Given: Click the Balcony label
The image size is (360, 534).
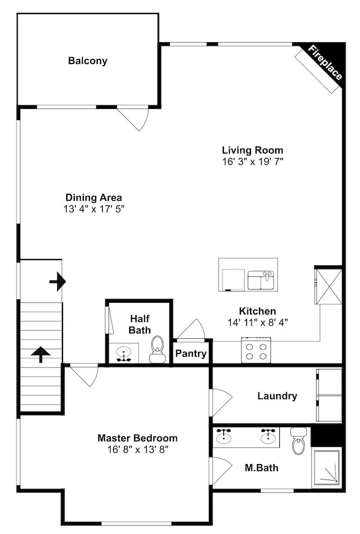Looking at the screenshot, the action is pyautogui.click(x=88, y=61).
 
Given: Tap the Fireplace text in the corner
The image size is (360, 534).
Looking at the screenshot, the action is pyautogui.click(x=325, y=62).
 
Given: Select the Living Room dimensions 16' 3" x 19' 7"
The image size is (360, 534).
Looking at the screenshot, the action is pyautogui.click(x=253, y=161).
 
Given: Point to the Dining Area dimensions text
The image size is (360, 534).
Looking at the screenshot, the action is pyautogui.click(x=94, y=209).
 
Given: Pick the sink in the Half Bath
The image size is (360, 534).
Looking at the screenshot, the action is pyautogui.click(x=123, y=354).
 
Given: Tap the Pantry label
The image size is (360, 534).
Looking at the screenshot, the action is pyautogui.click(x=191, y=354).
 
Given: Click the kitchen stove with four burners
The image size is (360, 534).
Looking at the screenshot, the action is pyautogui.click(x=256, y=350).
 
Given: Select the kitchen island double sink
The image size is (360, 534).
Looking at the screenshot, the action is pyautogui.click(x=261, y=280).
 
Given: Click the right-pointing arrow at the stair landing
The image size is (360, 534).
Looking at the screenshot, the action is pyautogui.click(x=58, y=281).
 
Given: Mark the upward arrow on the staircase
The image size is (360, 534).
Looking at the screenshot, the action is pyautogui.click(x=41, y=354).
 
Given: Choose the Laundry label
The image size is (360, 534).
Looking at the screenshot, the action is pyautogui.click(x=277, y=396).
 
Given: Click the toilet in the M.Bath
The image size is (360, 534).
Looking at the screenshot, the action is pyautogui.click(x=299, y=441).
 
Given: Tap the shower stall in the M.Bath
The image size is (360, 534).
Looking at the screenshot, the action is pyautogui.click(x=327, y=468).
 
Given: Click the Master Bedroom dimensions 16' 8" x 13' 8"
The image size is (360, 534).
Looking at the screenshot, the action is pyautogui.click(x=138, y=450).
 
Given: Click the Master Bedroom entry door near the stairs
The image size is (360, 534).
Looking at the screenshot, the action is pyautogui.click(x=84, y=375).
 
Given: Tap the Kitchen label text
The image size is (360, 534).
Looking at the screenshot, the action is pyautogui.click(x=257, y=311).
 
